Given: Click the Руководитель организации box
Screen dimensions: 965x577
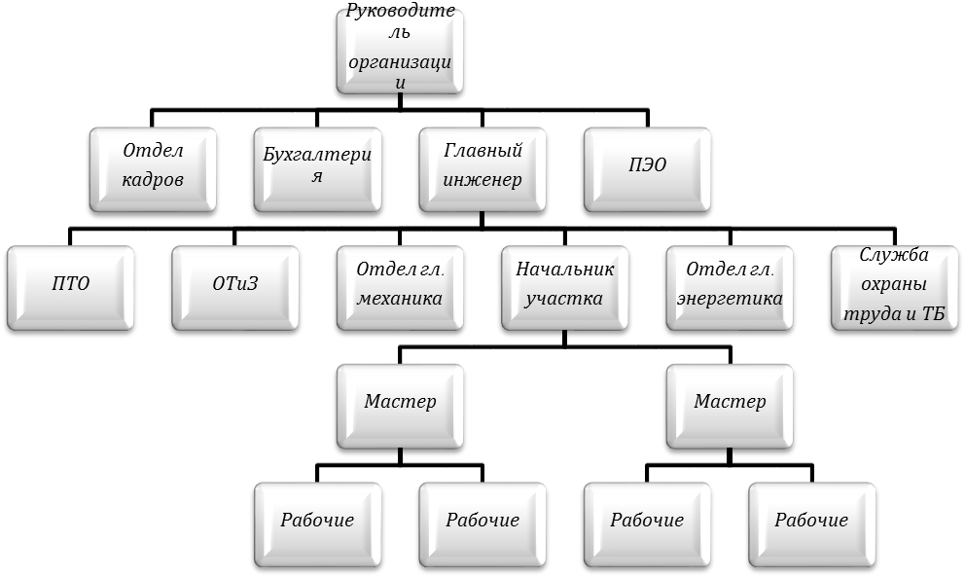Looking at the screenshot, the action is click(400, 52).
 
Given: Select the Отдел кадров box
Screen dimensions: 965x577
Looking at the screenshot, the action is click(153, 170).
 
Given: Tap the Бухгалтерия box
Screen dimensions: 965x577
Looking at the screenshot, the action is click(317, 170).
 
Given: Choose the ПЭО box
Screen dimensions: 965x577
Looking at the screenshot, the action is click(648, 170).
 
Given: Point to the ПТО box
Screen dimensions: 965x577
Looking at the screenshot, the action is click(70, 288).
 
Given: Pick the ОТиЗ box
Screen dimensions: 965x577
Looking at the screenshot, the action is click(235, 288).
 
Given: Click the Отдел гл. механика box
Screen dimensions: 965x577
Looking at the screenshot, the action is click(400, 288).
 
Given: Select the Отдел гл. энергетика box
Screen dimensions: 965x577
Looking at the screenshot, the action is click(730, 288).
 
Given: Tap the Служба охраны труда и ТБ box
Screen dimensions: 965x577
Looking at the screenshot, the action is click(895, 288).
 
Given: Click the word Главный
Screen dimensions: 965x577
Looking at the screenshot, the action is click(482, 150).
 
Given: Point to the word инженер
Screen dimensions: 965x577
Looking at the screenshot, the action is click(482, 180).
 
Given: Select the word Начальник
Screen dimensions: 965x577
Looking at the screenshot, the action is click(565, 270).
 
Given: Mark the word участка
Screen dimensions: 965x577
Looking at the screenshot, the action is click(564, 300).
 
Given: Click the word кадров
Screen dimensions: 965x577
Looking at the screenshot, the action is click(153, 180).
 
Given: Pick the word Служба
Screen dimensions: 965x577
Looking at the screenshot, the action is click(894, 254).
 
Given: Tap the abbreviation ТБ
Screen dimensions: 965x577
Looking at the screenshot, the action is click(933, 314).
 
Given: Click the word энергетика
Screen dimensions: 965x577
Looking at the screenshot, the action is click(730, 300).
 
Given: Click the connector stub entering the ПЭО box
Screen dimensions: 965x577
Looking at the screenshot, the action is click(648, 119).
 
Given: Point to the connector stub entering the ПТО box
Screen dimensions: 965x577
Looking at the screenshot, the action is click(70, 237).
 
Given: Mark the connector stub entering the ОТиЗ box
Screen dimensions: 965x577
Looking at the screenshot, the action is click(235, 237).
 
